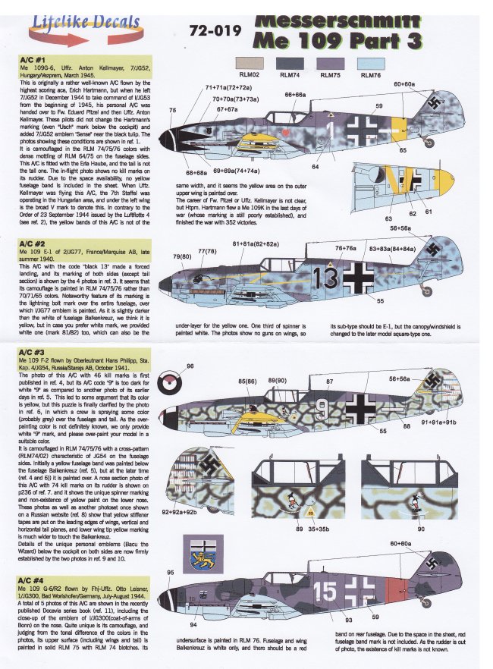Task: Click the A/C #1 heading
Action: (32, 58)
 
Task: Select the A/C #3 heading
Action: (32, 353)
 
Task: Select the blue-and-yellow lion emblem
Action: (204, 556)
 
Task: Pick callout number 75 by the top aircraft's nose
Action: (173, 111)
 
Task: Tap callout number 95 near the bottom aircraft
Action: (170, 572)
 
